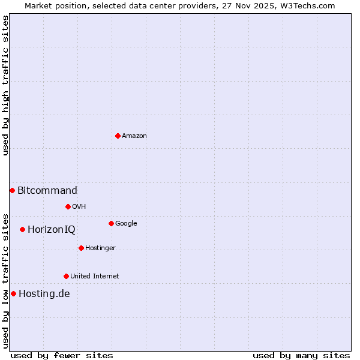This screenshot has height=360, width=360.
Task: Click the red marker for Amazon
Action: point(118,136)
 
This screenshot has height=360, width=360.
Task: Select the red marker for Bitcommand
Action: point(12,190)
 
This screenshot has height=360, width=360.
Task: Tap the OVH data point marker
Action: point(68,206)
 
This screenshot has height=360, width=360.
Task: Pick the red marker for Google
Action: point(111,223)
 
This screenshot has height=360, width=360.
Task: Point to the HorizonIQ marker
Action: point(22,229)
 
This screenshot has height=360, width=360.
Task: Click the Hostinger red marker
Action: point(81,248)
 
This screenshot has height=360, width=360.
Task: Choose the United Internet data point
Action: point(66,276)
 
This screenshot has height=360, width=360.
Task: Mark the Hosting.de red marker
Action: point(13,293)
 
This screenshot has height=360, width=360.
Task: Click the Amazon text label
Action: point(134,136)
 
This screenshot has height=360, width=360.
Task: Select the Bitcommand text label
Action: point(47,191)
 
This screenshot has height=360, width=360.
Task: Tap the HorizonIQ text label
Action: point(52,230)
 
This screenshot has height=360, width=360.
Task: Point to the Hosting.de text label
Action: point(44,294)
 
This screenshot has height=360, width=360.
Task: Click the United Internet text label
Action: point(95,277)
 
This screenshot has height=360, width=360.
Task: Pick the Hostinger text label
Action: point(101,248)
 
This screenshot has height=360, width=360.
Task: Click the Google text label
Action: point(126,224)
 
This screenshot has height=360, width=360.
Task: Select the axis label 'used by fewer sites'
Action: point(62,355)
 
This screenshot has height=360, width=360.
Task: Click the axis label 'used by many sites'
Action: point(301,355)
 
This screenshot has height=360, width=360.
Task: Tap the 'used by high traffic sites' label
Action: point(5,85)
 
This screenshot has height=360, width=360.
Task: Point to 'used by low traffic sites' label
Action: point(5,281)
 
